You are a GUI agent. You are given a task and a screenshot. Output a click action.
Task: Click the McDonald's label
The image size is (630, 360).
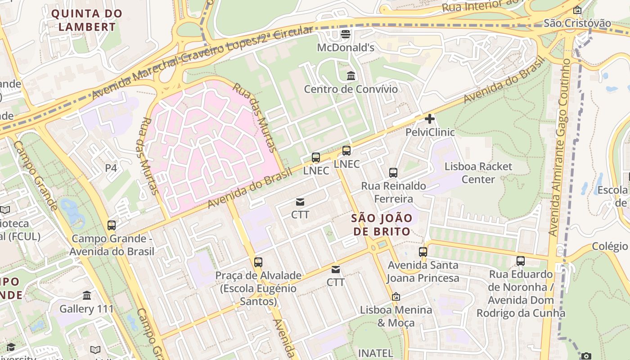(x=346, y=47)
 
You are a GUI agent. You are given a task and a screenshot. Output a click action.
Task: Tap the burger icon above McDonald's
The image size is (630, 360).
(x=346, y=34)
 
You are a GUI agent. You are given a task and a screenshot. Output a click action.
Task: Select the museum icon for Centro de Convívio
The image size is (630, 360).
(x=351, y=76)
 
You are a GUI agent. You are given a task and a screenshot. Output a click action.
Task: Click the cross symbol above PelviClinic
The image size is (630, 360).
(x=430, y=119)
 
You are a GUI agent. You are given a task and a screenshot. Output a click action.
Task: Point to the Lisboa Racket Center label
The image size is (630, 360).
(x=478, y=173)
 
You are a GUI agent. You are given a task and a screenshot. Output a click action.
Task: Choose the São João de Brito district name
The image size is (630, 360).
(x=382, y=225)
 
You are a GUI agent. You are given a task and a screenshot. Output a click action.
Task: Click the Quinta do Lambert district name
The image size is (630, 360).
(x=86, y=20)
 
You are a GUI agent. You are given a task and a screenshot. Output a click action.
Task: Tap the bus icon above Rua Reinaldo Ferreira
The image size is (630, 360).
(x=393, y=172)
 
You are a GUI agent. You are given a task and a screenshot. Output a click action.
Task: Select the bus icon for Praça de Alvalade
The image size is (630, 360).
(x=258, y=262)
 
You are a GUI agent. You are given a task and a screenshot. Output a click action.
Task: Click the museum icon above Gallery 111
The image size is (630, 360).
(x=87, y=296)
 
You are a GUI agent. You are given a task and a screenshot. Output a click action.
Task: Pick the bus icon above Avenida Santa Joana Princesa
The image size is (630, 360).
(x=423, y=252)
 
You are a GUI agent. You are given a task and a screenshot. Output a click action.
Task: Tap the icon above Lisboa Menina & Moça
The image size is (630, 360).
(x=396, y=297)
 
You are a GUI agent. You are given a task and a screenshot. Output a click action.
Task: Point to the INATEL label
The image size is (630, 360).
(x=375, y=353)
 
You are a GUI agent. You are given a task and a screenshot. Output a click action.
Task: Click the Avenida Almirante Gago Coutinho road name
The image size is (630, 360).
(x=559, y=148)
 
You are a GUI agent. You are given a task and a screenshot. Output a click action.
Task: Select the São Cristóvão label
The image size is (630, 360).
(x=577, y=23)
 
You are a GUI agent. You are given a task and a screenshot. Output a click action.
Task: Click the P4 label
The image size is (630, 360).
(x=111, y=168)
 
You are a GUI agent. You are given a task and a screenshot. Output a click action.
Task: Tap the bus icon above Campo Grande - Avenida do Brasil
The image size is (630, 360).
(x=112, y=225)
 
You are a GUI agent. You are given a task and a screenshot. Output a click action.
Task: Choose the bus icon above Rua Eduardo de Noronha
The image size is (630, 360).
(x=521, y=261)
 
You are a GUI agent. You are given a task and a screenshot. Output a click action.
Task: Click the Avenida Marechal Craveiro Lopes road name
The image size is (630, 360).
(x=202, y=63)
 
